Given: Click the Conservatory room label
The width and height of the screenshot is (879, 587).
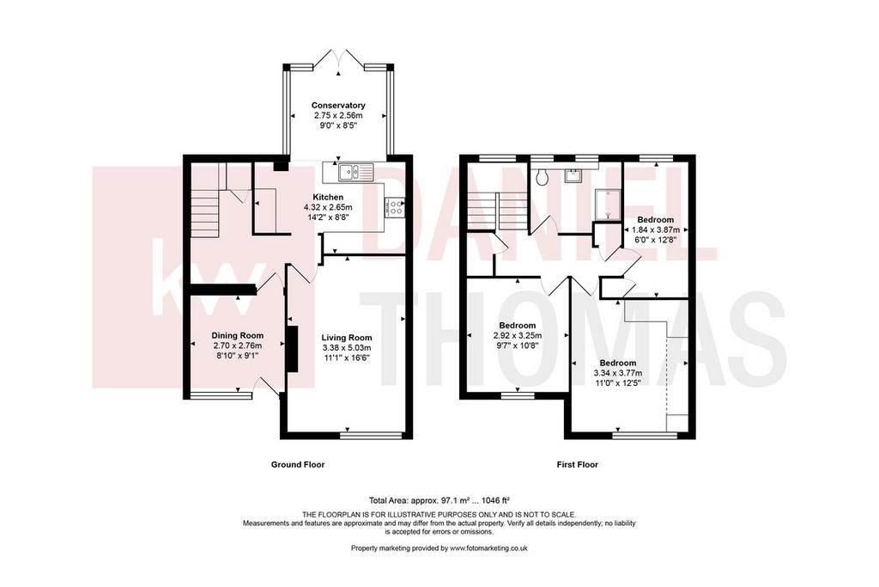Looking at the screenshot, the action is (338, 106).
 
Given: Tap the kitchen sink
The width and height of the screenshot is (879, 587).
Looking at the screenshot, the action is (355, 172).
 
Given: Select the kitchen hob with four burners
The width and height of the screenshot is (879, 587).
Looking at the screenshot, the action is (394, 207).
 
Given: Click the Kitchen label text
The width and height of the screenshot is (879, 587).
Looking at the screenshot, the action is (328, 198).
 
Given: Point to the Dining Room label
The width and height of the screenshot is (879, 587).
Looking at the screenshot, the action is (237, 336).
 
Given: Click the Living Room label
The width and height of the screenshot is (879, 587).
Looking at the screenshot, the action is (347, 338).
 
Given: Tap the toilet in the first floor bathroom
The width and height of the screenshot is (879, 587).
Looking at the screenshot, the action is (543, 177).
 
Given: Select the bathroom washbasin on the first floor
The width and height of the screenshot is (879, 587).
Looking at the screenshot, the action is (572, 174).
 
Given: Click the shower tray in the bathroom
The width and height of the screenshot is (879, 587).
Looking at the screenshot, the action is (608, 205).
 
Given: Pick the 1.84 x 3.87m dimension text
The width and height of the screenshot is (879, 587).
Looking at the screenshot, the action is (656, 230).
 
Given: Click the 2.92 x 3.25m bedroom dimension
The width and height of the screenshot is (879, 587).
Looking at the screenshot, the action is (518, 335).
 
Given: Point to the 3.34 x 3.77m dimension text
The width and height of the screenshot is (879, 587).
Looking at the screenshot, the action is (618, 373).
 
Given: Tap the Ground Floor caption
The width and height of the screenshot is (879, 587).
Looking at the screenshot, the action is (298, 465).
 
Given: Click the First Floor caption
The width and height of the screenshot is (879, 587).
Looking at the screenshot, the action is (578, 465).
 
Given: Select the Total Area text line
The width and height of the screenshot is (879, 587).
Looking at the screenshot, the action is (439, 499).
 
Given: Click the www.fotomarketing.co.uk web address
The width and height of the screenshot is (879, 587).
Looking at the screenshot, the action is (488, 548).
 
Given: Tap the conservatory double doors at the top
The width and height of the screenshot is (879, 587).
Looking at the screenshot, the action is (338, 59).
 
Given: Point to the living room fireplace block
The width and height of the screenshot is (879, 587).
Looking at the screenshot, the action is (292, 348).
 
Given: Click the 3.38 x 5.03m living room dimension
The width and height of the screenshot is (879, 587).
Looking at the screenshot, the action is (347, 348).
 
